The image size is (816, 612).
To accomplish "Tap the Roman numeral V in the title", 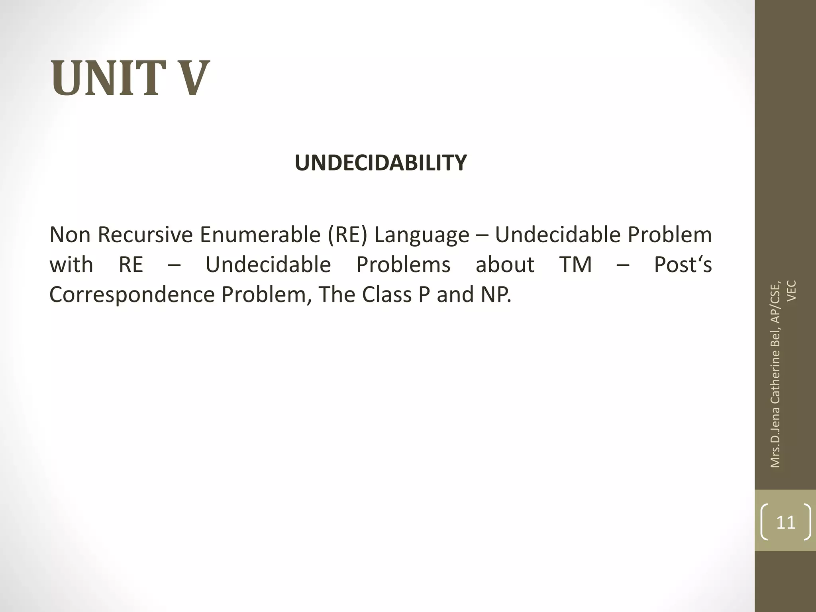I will tap(190, 78).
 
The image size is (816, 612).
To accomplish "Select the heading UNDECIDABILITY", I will tap(381, 163).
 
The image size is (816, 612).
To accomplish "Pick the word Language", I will tap(422, 235).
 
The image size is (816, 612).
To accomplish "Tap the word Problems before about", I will tap(403, 265).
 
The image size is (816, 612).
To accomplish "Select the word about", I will tap(505, 265).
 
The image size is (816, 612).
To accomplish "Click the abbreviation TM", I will tap(576, 265).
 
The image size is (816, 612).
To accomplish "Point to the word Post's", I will tap(683, 265).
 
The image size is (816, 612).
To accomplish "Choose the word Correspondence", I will tap(132, 295).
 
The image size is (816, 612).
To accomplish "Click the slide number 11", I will tap(786, 522).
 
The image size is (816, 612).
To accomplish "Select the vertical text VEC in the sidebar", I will tap(792, 291).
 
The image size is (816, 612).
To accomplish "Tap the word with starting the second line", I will tap(71, 265).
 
